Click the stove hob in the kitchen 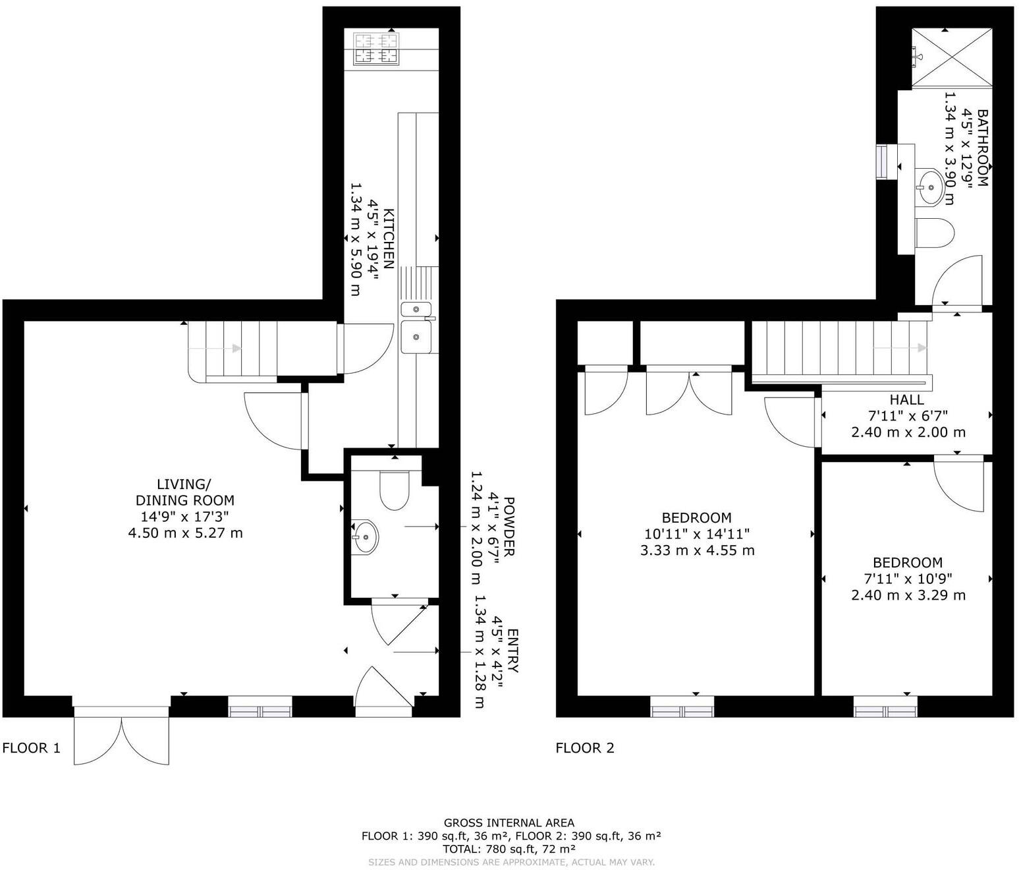[x=377, y=49]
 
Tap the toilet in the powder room [x=395, y=490]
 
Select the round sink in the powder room [x=364, y=536]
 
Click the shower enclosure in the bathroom [x=952, y=57]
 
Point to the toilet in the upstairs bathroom [x=935, y=233]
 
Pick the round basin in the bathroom [x=930, y=187]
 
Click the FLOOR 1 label [x=32, y=748]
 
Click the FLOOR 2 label [x=585, y=748]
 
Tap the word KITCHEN [x=389, y=239]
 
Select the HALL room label [x=907, y=399]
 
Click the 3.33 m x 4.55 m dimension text [x=697, y=550]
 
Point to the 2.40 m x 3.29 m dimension [x=908, y=595]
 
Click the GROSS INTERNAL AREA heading [x=509, y=823]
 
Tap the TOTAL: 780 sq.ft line [x=509, y=849]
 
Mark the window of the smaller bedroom [x=885, y=711]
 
